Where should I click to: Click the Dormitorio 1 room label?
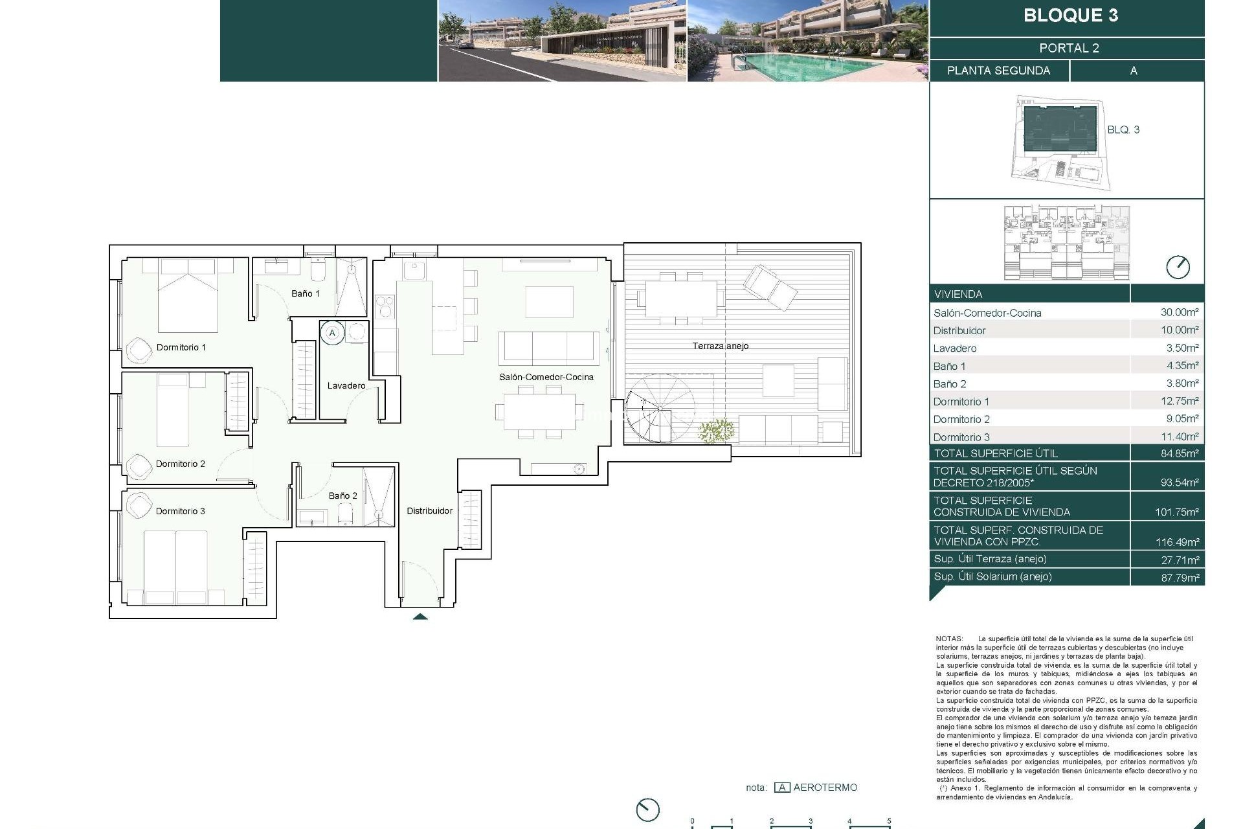point(181,347)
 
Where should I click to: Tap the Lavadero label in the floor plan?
point(346,385)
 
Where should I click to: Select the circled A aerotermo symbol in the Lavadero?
point(332,333)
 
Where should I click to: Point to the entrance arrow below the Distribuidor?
point(420,617)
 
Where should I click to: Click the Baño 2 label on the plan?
point(342,495)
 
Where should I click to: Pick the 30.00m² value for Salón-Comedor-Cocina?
point(1179,312)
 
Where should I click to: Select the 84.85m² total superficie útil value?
point(1179,453)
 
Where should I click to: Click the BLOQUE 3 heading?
point(1070,16)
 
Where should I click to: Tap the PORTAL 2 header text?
point(1069,48)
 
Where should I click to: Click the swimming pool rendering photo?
point(807,41)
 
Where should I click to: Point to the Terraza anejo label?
point(720,346)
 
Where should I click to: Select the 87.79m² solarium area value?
point(1179,577)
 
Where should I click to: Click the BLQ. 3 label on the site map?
point(1123,130)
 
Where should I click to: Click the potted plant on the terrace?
point(716,431)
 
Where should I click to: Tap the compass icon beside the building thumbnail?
point(1177,267)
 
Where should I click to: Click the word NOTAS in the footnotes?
point(948,639)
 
